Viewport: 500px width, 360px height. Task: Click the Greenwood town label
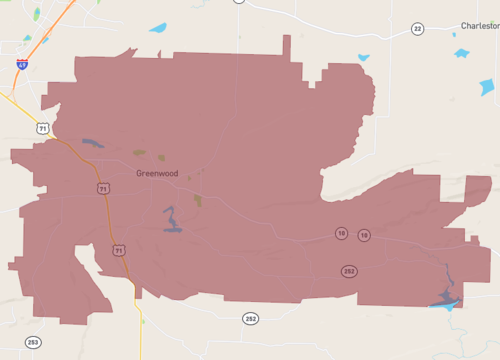[158, 172]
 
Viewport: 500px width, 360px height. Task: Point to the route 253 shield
[33, 342]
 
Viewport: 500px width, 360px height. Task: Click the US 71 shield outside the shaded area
[42, 129]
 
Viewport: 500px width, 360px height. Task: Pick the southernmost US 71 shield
[118, 250]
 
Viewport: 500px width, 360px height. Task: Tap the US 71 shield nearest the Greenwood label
[103, 188]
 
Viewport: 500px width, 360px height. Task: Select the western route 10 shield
[342, 233]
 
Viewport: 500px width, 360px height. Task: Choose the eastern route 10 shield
[364, 235]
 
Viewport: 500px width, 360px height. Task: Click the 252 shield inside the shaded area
[349, 270]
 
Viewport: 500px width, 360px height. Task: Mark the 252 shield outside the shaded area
[250, 318]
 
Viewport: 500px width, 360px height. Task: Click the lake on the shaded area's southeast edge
[445, 297]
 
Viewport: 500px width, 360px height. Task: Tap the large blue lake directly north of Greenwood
[158, 28]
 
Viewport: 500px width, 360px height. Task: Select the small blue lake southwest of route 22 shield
[363, 58]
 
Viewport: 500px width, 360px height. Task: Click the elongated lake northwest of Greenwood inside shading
[92, 143]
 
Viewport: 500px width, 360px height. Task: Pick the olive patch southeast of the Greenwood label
[198, 200]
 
